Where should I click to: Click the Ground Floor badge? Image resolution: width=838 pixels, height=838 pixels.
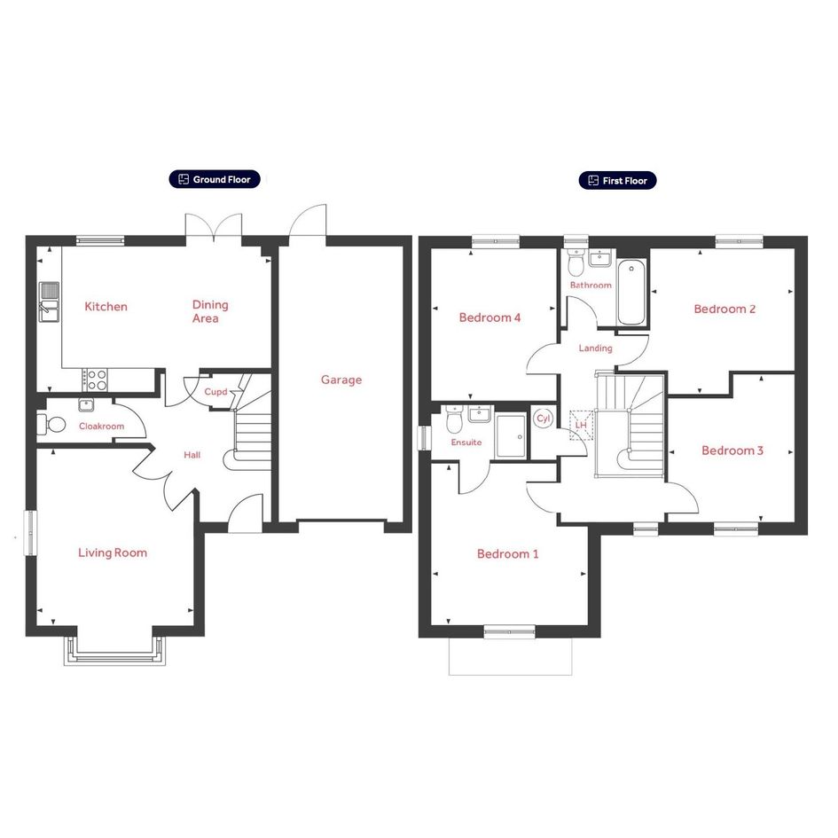(215, 179)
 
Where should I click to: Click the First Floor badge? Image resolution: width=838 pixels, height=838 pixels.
(617, 181)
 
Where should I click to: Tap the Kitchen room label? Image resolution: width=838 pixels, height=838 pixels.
(106, 307)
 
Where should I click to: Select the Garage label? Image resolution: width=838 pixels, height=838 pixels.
(341, 380)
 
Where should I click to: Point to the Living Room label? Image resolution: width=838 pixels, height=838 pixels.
(113, 552)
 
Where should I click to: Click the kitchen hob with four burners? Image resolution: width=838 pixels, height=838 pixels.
(95, 380)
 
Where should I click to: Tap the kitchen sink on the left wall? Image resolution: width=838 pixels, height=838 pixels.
(49, 302)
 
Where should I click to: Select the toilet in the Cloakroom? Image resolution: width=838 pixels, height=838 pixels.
(51, 425)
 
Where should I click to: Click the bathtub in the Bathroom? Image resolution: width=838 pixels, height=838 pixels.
(631, 293)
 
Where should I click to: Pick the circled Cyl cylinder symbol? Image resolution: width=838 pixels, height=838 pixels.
(543, 419)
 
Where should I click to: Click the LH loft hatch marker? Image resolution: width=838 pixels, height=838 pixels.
(581, 426)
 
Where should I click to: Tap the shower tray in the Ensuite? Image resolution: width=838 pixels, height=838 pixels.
(511, 435)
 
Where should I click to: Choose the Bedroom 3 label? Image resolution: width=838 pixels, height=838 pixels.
(732, 450)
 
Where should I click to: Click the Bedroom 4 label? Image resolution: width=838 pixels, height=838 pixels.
(489, 317)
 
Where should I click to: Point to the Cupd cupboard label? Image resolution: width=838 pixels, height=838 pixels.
(215, 392)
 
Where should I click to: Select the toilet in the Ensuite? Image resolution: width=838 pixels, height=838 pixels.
(454, 419)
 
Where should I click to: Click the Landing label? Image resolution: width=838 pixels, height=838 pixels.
(595, 349)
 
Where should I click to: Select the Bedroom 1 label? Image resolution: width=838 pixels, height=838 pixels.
(508, 553)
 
